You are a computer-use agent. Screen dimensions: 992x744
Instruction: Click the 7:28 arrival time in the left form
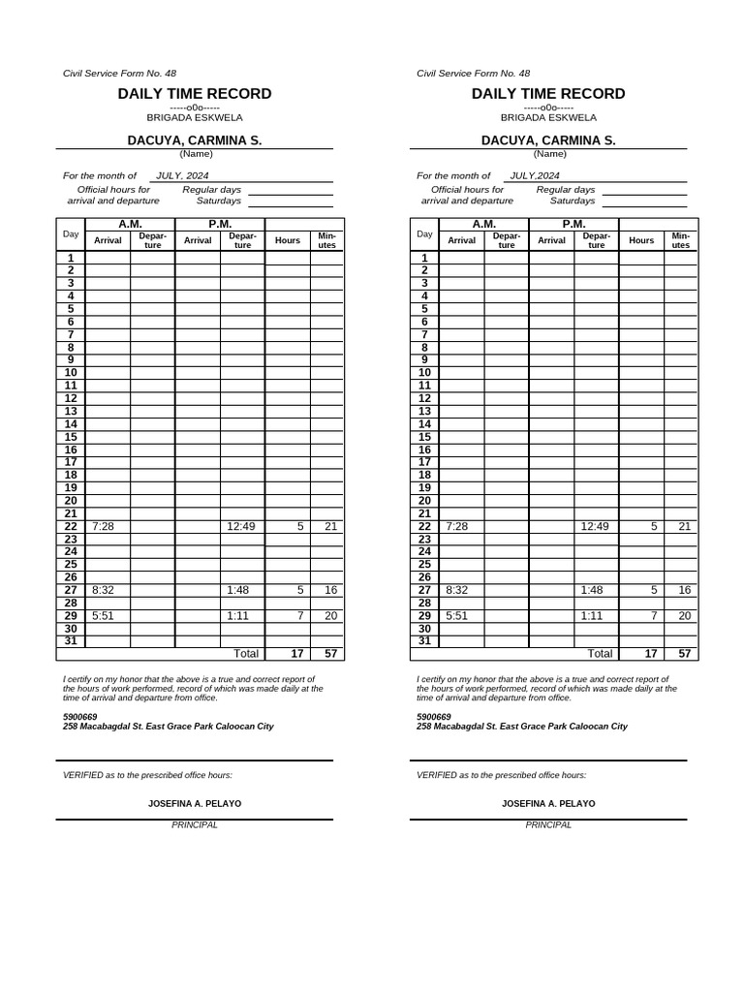(103, 526)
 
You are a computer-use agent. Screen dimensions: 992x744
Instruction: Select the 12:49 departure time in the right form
(595, 526)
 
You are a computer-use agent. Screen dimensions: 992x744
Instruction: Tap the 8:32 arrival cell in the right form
(456, 590)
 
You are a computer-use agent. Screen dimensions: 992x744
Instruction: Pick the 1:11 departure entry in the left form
(237, 615)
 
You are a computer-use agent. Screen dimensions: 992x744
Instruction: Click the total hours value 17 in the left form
(298, 654)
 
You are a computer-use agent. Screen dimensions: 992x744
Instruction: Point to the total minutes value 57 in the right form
(684, 654)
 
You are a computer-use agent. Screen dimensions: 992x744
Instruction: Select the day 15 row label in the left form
(71, 437)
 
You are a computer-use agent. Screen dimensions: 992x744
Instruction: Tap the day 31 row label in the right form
(424, 640)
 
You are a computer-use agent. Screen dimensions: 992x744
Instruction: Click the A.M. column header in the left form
(130, 224)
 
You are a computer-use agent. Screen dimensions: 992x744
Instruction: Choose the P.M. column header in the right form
(573, 224)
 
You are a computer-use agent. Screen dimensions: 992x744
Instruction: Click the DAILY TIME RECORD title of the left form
(195, 94)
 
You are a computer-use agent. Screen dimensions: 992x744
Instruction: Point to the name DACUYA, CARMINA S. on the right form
(548, 140)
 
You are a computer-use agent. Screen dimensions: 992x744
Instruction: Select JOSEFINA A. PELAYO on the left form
(195, 804)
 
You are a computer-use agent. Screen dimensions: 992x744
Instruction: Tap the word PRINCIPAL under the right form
(548, 825)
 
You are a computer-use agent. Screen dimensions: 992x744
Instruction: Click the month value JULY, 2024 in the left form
(182, 176)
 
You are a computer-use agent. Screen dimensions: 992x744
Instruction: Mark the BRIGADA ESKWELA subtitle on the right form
(548, 117)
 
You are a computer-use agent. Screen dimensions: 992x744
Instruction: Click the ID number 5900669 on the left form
(79, 717)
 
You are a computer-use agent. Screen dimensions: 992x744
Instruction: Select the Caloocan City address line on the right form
(521, 727)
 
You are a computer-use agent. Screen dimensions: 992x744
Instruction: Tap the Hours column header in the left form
(288, 240)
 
